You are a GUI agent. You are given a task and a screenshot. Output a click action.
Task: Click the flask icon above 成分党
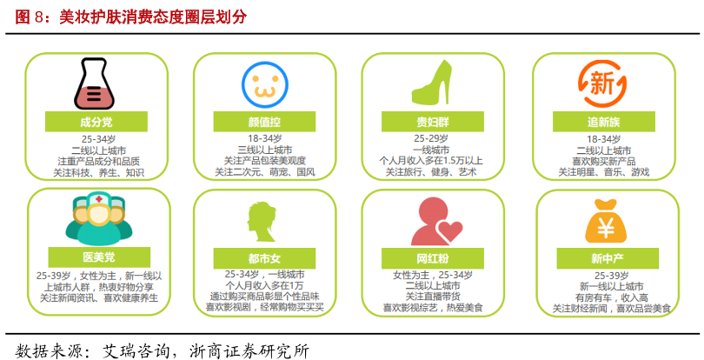click(96, 84)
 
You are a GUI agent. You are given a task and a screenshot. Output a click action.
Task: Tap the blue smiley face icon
click(264, 83)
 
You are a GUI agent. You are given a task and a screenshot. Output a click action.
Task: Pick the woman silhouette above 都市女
click(262, 223)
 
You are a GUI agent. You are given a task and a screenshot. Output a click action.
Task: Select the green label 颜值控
click(263, 122)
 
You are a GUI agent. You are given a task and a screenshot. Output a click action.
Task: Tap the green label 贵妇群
click(431, 122)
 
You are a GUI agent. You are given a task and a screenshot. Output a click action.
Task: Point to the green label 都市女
click(263, 258)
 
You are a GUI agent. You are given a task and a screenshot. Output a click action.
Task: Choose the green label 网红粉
click(431, 258)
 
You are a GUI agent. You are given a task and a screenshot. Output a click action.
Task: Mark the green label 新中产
click(603, 258)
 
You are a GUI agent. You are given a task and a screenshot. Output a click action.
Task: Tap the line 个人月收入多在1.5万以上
click(432, 161)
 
